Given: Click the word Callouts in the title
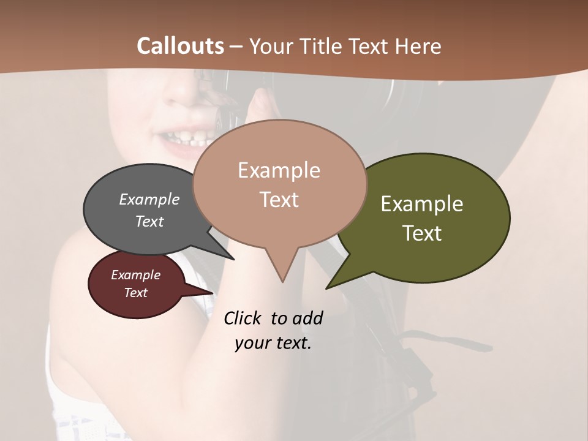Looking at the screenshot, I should click(x=180, y=46).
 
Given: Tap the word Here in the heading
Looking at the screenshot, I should click(x=418, y=47).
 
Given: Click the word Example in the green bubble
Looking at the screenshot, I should click(x=422, y=204).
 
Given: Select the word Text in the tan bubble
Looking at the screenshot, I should click(x=279, y=200).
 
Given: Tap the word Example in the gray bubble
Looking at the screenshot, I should click(x=149, y=200).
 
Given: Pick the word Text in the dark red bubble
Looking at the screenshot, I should click(x=136, y=293).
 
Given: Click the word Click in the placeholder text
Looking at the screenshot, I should click(x=244, y=318).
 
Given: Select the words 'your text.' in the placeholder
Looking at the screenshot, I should click(x=273, y=343).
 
